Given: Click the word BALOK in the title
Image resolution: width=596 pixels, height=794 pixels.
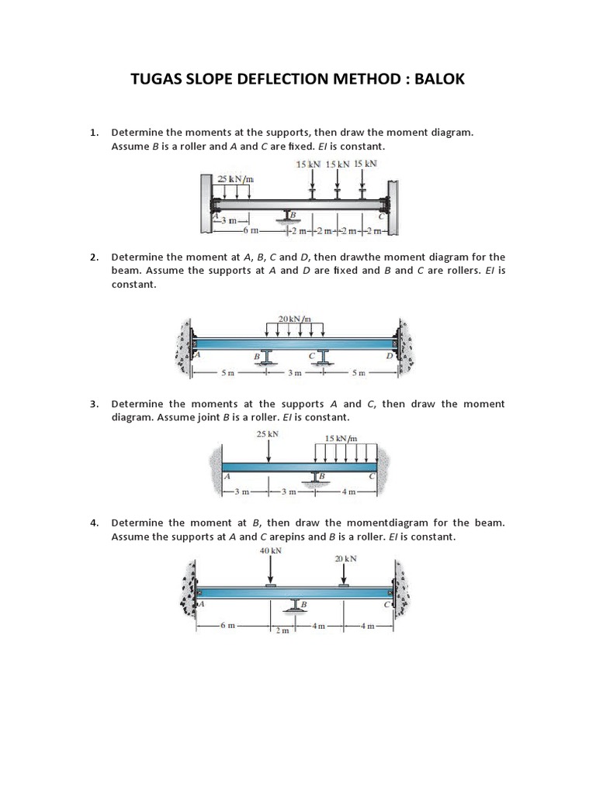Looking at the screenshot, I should coord(435,79).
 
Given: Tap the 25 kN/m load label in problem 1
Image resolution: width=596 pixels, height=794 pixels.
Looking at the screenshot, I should coord(236,180).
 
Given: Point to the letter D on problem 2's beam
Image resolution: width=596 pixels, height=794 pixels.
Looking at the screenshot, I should coord(390,355).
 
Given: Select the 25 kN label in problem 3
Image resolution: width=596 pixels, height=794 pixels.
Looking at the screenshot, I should coord(268,433).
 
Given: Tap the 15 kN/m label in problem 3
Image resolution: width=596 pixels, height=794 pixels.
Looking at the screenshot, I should coord(341,438).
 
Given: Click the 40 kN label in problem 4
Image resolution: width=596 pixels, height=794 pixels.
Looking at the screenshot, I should coord(271,551).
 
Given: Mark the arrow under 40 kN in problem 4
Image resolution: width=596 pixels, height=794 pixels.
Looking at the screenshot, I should coord(271,571).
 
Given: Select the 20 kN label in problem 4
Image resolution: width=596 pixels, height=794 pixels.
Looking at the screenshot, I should coord(345,558).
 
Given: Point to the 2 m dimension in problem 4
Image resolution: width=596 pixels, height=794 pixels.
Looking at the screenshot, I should coord(282,631).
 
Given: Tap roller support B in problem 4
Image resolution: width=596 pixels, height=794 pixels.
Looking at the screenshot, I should coord(295,605).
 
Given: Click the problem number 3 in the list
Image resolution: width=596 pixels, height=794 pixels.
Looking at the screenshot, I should coord(94,404).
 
